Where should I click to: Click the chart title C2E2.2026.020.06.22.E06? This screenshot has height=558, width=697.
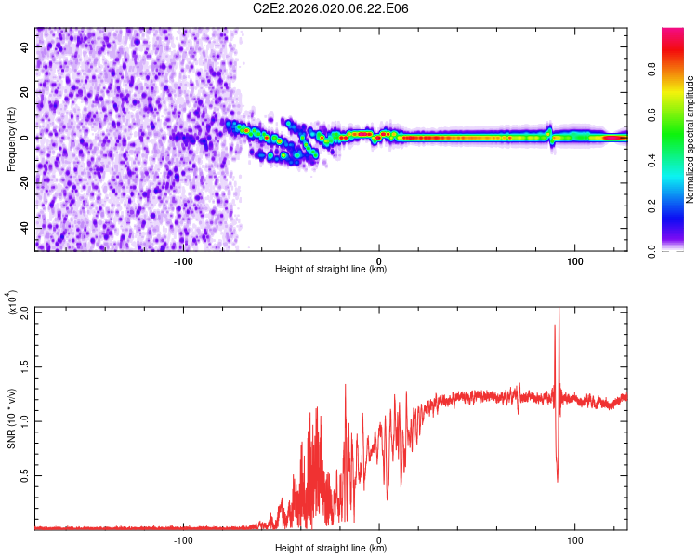click(332, 8)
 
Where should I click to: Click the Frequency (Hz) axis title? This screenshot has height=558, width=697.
click(11, 139)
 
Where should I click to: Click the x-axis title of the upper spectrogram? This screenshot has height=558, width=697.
click(331, 270)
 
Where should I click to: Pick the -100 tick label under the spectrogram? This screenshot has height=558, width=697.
click(183, 260)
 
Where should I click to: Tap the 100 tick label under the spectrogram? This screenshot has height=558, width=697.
click(575, 260)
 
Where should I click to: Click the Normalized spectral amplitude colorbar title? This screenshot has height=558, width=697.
click(690, 139)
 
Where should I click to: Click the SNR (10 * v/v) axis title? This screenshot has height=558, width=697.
click(11, 418)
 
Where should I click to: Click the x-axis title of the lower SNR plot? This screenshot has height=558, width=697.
click(331, 549)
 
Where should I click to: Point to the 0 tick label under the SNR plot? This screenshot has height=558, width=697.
click(379, 539)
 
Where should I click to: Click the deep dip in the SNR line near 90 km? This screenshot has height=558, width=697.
click(558, 480)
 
